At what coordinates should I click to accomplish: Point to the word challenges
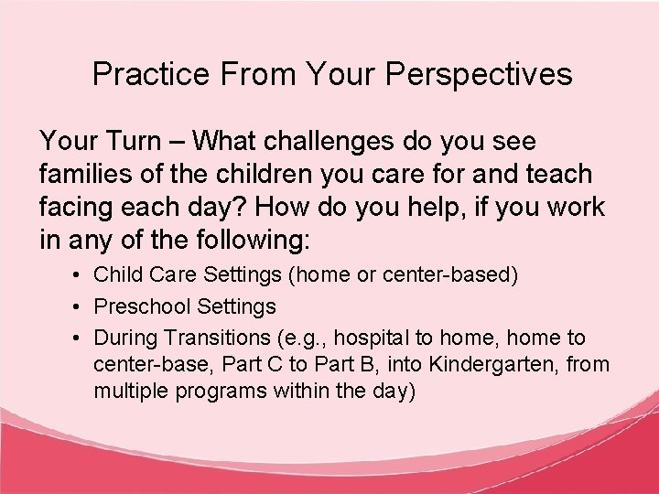[315, 141]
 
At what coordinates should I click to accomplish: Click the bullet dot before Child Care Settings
[80, 274]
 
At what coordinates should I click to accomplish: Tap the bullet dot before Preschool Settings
[80, 306]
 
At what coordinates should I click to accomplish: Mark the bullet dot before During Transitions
[80, 338]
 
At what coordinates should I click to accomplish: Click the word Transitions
[208, 338]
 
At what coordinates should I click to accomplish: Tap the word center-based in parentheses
[459, 274]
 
